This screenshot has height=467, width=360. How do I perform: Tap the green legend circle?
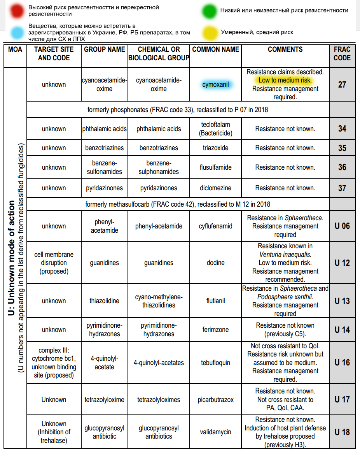(208, 11)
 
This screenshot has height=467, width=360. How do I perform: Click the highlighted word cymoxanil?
(215, 84)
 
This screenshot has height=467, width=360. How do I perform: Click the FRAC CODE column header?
(342, 54)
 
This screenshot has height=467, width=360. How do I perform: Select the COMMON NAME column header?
(215, 49)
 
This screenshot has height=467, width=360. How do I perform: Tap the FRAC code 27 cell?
(342, 84)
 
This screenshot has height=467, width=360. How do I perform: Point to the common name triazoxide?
(215, 148)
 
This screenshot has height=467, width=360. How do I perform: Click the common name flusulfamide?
(215, 167)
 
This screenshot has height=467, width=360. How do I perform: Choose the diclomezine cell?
(215, 188)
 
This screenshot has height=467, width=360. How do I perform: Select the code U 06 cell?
(342, 226)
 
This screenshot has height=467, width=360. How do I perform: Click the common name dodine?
(215, 263)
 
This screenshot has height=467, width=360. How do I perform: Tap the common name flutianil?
(215, 301)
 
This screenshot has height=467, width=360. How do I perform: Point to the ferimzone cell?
(215, 330)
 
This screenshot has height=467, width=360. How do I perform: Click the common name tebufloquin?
(215, 363)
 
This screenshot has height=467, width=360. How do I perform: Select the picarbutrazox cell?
(215, 400)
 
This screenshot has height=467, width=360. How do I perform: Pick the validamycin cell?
(215, 432)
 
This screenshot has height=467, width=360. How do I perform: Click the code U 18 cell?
(342, 432)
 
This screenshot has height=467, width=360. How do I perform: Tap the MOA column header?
(15, 49)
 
